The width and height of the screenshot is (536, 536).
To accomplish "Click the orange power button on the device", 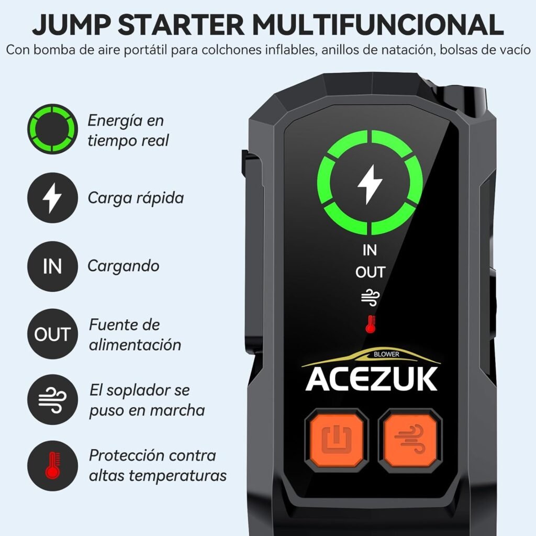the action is [337, 439].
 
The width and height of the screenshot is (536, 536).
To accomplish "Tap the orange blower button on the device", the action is [410, 439].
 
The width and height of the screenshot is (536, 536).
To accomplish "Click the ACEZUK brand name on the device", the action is [371, 379].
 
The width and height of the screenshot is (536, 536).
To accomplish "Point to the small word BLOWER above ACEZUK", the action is [386, 354].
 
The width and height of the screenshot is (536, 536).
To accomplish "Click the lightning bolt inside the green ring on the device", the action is [370, 184].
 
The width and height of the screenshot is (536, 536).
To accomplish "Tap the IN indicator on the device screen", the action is [370, 250].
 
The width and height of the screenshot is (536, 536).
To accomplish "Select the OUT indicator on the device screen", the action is [370, 272].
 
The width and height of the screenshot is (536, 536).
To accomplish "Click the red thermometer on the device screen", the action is [370, 324].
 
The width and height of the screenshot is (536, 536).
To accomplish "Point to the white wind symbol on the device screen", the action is [370, 297].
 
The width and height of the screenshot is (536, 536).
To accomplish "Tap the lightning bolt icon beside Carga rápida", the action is [52, 197].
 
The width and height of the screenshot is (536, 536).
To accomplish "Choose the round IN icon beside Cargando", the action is [52, 266].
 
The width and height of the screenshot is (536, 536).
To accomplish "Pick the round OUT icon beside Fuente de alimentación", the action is [52, 333].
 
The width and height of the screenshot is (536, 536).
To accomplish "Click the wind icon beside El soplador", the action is [52, 399].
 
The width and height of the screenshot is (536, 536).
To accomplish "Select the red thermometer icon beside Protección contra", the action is [52, 465].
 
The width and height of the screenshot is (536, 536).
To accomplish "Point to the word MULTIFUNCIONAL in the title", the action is [378, 25].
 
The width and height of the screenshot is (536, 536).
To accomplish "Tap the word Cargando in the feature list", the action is [124, 266].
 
